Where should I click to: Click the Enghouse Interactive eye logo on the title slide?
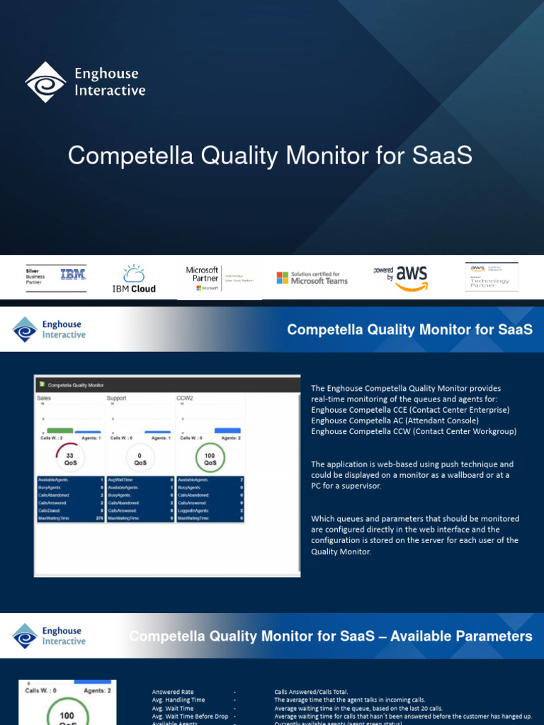tap(45, 81)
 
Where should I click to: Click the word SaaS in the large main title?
tap(444, 156)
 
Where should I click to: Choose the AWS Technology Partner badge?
tap(492, 276)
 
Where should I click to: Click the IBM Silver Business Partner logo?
tap(56, 277)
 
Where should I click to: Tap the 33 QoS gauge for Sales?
tap(69, 459)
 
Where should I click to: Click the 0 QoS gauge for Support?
tap(140, 459)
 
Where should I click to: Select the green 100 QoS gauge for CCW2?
tap(210, 459)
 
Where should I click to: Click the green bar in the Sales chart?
tap(59, 430)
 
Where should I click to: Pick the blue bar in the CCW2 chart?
tap(227, 430)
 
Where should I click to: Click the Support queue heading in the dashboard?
tap(117, 399)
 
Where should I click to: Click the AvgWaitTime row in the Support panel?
tap(140, 479)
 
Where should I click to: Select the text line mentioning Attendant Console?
tap(395, 421)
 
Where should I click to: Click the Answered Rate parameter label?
tap(172, 692)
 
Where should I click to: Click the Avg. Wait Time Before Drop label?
tap(190, 717)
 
